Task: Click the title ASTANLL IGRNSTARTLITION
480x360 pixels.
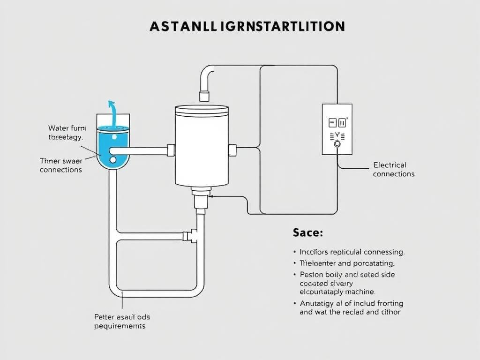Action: click(247, 26)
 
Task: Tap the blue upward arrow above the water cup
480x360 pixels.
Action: click(112, 113)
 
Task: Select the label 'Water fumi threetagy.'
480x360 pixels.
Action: click(66, 132)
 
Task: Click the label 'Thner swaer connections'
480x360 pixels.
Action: click(61, 165)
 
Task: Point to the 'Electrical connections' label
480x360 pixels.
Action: click(394, 169)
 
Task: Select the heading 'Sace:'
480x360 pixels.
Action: click(308, 232)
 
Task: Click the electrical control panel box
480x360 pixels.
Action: click(337, 129)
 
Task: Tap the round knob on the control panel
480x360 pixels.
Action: click(337, 145)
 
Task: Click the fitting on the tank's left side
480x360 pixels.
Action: click(171, 150)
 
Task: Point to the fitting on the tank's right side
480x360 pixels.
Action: click(232, 150)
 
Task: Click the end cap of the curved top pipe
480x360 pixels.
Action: click(204, 97)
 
